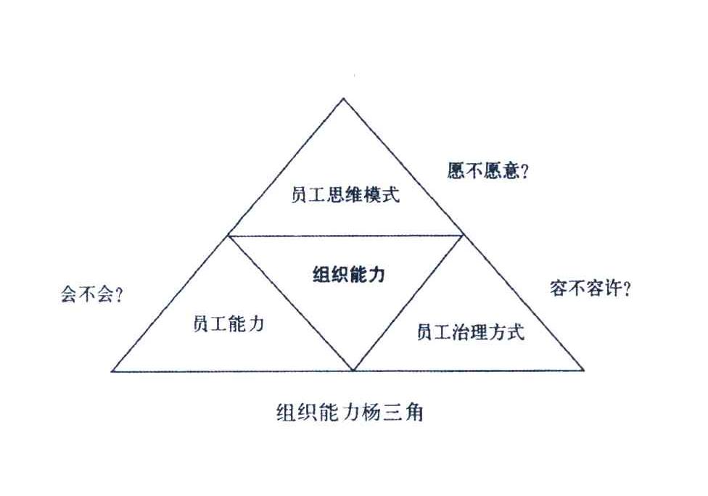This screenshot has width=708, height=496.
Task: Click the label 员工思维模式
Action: (345, 195)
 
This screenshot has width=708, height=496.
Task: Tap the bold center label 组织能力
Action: (349, 274)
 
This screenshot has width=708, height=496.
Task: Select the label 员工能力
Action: (229, 324)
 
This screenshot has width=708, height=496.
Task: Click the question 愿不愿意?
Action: (488, 171)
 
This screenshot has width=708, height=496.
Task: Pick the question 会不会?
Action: (91, 295)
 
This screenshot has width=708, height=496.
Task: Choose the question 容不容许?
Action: (590, 288)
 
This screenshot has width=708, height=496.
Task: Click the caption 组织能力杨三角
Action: (350, 413)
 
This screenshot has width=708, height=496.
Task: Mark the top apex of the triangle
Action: (343, 98)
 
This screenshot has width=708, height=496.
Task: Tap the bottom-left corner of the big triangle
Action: (112, 371)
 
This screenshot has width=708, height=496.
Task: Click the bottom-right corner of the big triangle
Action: (584, 370)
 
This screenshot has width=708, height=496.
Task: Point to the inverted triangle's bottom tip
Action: (353, 371)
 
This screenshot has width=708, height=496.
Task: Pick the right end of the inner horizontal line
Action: (464, 235)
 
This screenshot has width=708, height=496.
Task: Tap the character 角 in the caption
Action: (413, 413)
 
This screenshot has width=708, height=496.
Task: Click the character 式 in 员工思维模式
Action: (391, 195)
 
